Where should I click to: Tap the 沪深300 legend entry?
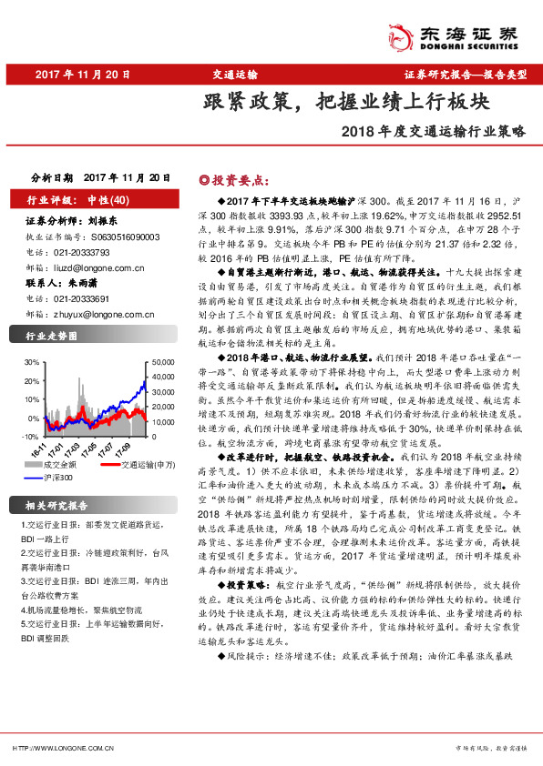(x=59, y=476)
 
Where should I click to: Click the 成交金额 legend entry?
(x=63, y=465)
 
